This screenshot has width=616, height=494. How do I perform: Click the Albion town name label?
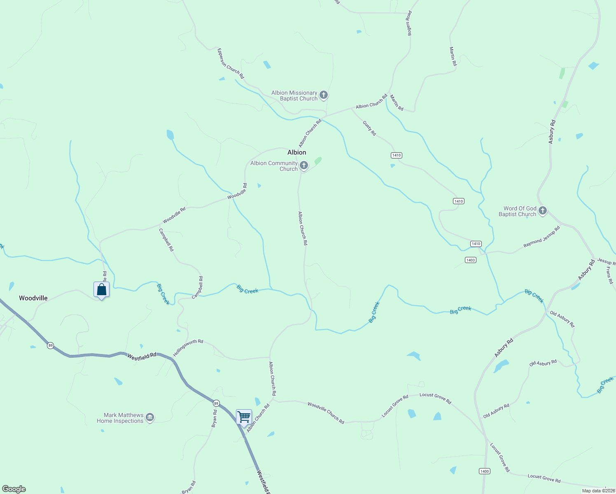coord(296,152)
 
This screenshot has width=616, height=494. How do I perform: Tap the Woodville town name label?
coord(33,298)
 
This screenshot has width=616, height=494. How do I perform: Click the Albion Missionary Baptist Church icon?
coord(324,96)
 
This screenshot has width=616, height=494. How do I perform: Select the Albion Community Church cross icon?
coord(304,165)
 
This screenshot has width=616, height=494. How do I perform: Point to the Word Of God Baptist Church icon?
coord(543,211)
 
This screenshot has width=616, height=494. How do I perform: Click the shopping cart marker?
coord(244,417)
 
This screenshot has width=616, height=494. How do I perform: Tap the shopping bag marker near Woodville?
coord(101,290)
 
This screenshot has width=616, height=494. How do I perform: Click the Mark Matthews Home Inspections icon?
coord(150,418)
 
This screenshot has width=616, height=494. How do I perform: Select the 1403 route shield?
coord(471,260)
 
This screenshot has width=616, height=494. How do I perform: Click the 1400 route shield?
coord(484,471)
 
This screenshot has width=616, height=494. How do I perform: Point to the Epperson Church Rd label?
coord(231,64)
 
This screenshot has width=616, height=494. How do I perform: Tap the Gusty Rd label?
coord(369,128)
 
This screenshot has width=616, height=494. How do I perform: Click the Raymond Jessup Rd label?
coord(541,237)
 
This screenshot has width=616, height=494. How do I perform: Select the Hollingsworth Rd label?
coord(188,348)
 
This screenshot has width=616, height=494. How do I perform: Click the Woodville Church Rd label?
coord(326,412)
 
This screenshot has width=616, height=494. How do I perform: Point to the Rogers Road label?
coord(409,23)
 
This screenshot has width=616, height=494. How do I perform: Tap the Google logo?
coord(14,489)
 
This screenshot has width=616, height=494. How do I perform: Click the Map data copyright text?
coord(598,491)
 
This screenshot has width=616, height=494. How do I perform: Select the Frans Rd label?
coord(609,275)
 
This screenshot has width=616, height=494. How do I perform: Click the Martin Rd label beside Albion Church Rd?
coord(397,103)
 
